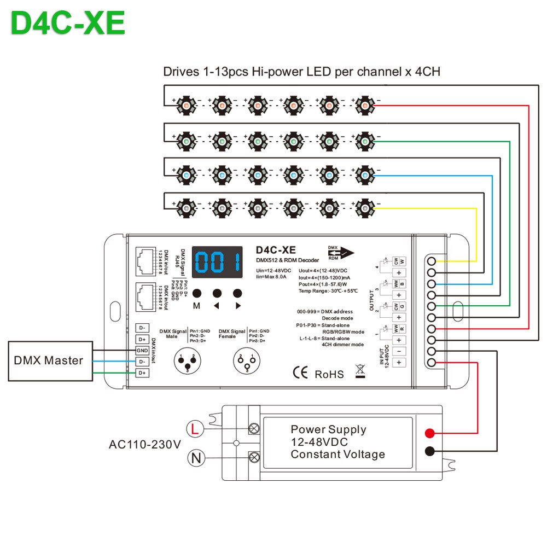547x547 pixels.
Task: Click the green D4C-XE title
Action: pyautogui.click(x=68, y=24)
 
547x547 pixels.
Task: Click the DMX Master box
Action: pyautogui.click(x=48, y=360)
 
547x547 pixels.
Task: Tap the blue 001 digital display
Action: pyautogui.click(x=217, y=263)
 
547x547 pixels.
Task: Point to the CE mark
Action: pyautogui.click(x=300, y=373)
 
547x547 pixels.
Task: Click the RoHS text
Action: pyautogui.click(x=329, y=374)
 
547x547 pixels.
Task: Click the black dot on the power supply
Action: pyautogui.click(x=430, y=451)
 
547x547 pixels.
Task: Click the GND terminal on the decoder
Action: pyautogui.click(x=142, y=350)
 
